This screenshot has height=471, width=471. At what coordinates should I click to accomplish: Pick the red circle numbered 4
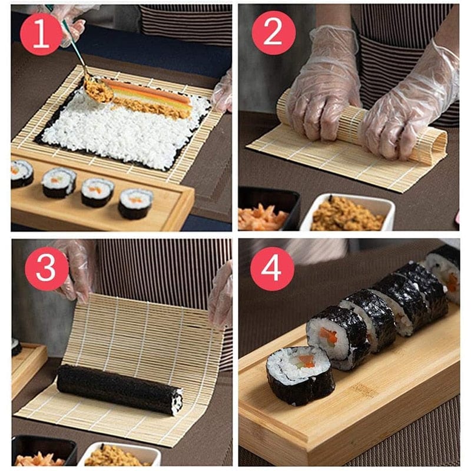(273, 268)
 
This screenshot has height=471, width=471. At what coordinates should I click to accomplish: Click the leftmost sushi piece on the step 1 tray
(22, 174)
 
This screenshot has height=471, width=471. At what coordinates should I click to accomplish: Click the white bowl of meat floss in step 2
(347, 214)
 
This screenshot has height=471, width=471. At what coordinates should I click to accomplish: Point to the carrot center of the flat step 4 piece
(306, 360)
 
